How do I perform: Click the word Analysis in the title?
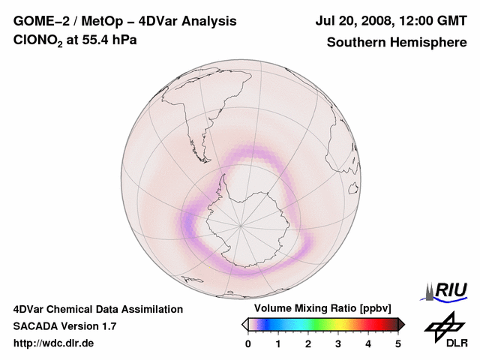pyautogui.click(x=204, y=21)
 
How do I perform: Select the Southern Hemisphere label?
pyautogui.click(x=396, y=43)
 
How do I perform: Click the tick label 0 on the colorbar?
pyautogui.click(x=248, y=343)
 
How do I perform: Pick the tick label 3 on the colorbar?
pyautogui.click(x=338, y=343)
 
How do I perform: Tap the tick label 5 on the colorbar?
pyautogui.click(x=398, y=343)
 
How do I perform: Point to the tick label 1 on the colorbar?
pyautogui.click(x=278, y=343)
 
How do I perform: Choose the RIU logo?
pyautogui.click(x=447, y=291)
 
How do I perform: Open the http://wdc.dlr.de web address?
pyautogui.click(x=54, y=343)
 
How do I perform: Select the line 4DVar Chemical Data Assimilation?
pyautogui.click(x=97, y=309)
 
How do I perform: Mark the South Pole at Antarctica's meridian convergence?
pyautogui.click(x=241, y=226)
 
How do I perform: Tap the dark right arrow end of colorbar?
pyautogui.click(x=402, y=324)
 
